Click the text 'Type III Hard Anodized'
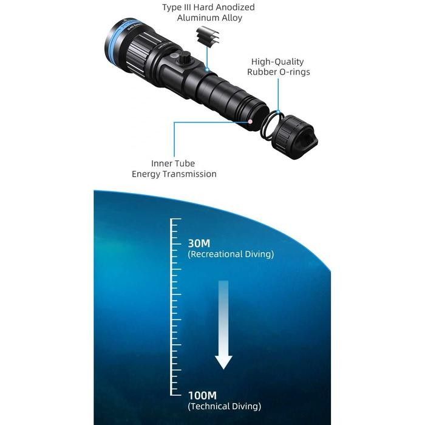pyautogui.click(x=208, y=7)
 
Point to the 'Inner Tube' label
pyautogui.click(x=174, y=163)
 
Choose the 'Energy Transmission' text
pyautogui.click(x=174, y=174)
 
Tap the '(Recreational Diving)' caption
pyautogui.click(x=231, y=254)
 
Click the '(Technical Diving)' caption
pyautogui.click(x=225, y=406)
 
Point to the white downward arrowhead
pyautogui.click(x=224, y=361)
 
